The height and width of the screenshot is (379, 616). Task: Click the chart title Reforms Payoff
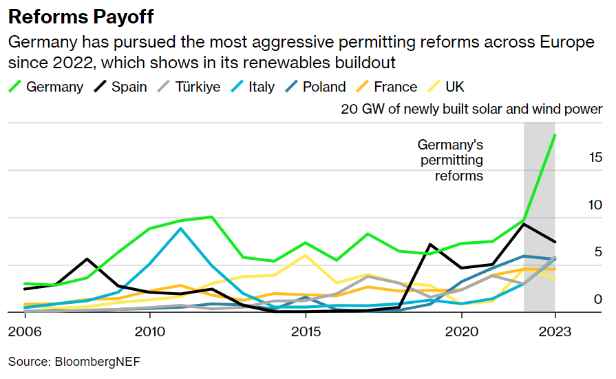[81, 17]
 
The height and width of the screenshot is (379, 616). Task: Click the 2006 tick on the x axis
[24, 331]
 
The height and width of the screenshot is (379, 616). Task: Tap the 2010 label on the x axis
[149, 331]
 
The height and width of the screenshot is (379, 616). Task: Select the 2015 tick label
[306, 331]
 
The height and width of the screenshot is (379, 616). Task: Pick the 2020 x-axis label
[461, 331]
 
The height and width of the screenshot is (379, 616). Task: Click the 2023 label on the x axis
[555, 331]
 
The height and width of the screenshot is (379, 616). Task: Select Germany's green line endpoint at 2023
[555, 135]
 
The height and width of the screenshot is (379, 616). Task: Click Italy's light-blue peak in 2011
[180, 228]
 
